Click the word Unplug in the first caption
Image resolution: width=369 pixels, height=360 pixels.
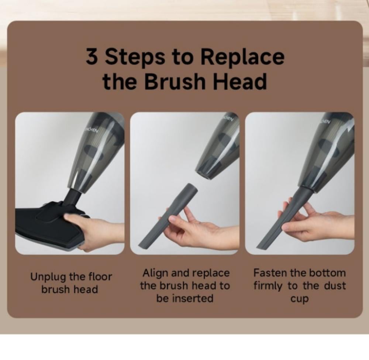click(x=48, y=277)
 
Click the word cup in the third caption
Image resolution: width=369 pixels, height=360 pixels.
click(x=299, y=299)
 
